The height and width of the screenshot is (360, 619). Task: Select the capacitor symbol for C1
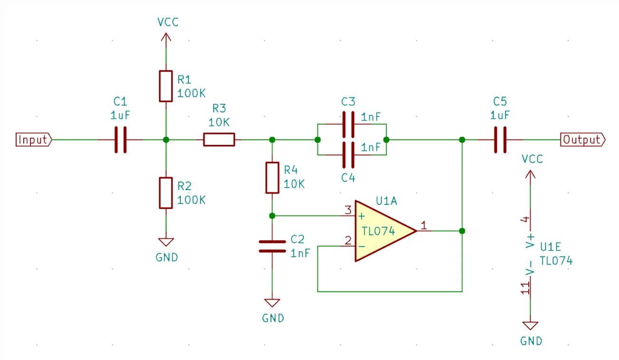(x=121, y=140)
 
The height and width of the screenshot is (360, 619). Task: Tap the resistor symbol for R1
(x=165, y=86)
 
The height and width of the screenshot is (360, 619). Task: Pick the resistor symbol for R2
(x=165, y=193)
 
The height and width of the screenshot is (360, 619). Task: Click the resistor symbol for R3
(x=219, y=140)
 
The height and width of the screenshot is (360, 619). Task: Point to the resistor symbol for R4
(x=272, y=177)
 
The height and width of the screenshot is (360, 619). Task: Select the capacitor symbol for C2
(x=272, y=246)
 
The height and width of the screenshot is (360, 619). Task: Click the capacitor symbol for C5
(x=500, y=140)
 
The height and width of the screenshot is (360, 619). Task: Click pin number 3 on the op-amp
(x=348, y=210)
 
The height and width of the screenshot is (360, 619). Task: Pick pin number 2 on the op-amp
(x=348, y=241)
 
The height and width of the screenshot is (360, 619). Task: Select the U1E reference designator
(x=551, y=247)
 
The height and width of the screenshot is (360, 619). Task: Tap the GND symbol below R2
(x=166, y=242)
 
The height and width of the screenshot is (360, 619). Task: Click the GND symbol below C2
(x=272, y=303)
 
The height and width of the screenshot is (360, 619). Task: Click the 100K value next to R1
(x=191, y=93)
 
